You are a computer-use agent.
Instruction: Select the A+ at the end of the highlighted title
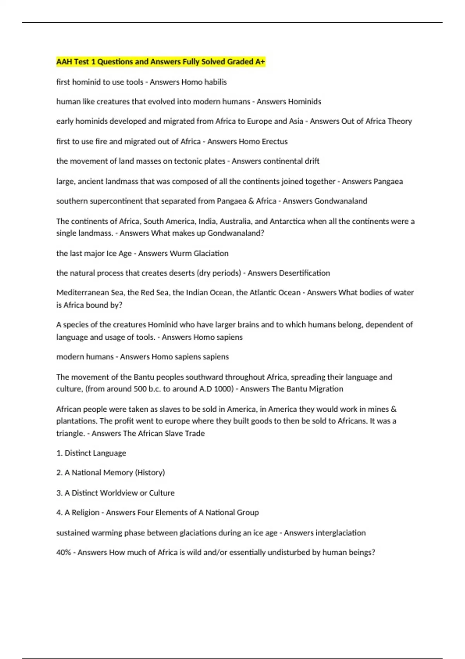pyautogui.click(x=260, y=62)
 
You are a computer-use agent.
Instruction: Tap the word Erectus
pyautogui.click(x=275, y=141)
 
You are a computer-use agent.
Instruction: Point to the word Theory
pyautogui.click(x=400, y=121)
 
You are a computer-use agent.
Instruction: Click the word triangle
pyautogui.click(x=70, y=433)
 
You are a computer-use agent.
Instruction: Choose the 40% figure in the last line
pyautogui.click(x=64, y=552)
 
